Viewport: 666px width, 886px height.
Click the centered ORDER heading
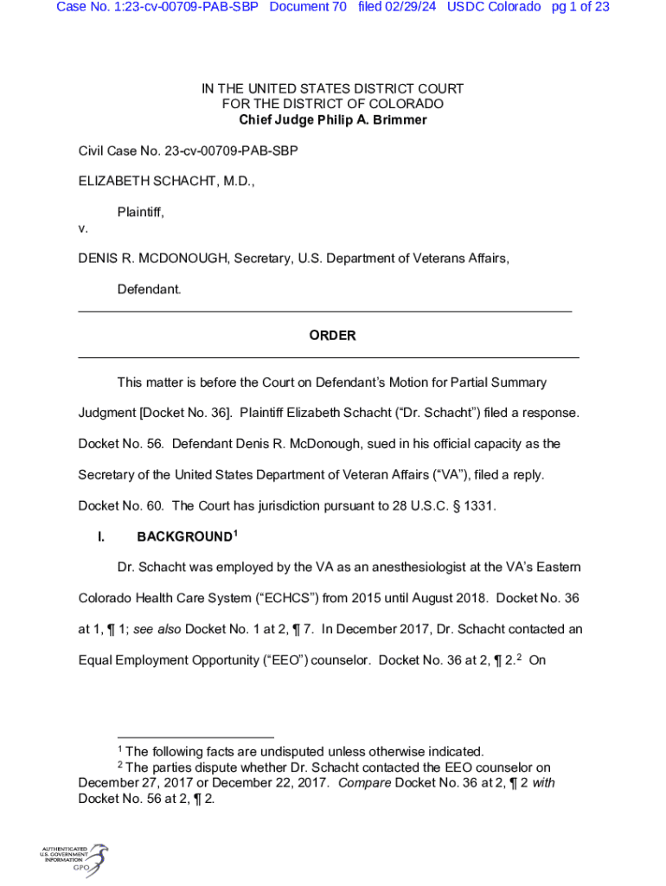(x=332, y=336)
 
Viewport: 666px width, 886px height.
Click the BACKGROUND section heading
(x=184, y=537)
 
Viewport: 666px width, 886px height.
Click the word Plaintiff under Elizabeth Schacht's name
(x=140, y=212)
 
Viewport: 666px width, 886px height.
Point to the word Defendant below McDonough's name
(x=149, y=289)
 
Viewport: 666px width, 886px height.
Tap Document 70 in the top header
(x=308, y=7)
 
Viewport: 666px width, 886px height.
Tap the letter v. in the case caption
(x=83, y=229)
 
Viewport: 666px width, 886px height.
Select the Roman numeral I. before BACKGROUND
(x=101, y=537)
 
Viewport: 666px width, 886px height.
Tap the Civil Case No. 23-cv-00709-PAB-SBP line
(x=188, y=151)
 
